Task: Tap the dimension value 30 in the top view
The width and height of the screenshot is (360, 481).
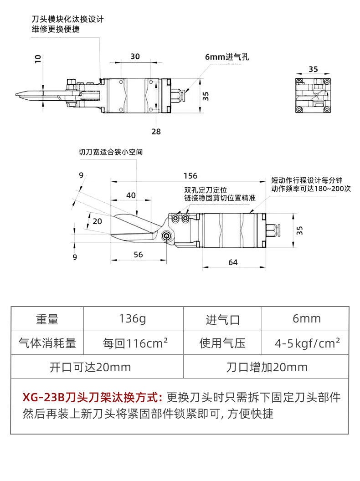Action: [135, 56]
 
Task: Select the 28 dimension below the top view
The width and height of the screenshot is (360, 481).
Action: [156, 131]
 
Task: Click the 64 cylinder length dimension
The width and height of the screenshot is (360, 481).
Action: [233, 262]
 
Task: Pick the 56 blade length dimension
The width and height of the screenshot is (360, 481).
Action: [139, 255]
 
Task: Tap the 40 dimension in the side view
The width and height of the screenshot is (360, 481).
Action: [131, 195]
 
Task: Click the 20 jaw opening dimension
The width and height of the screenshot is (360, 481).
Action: [97, 221]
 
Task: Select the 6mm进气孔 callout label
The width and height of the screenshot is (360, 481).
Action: [227, 57]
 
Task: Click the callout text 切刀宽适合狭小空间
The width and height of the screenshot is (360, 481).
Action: [111, 152]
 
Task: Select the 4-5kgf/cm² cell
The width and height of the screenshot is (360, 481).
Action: [307, 343]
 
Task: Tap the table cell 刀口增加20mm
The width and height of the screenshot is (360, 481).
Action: [267, 367]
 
